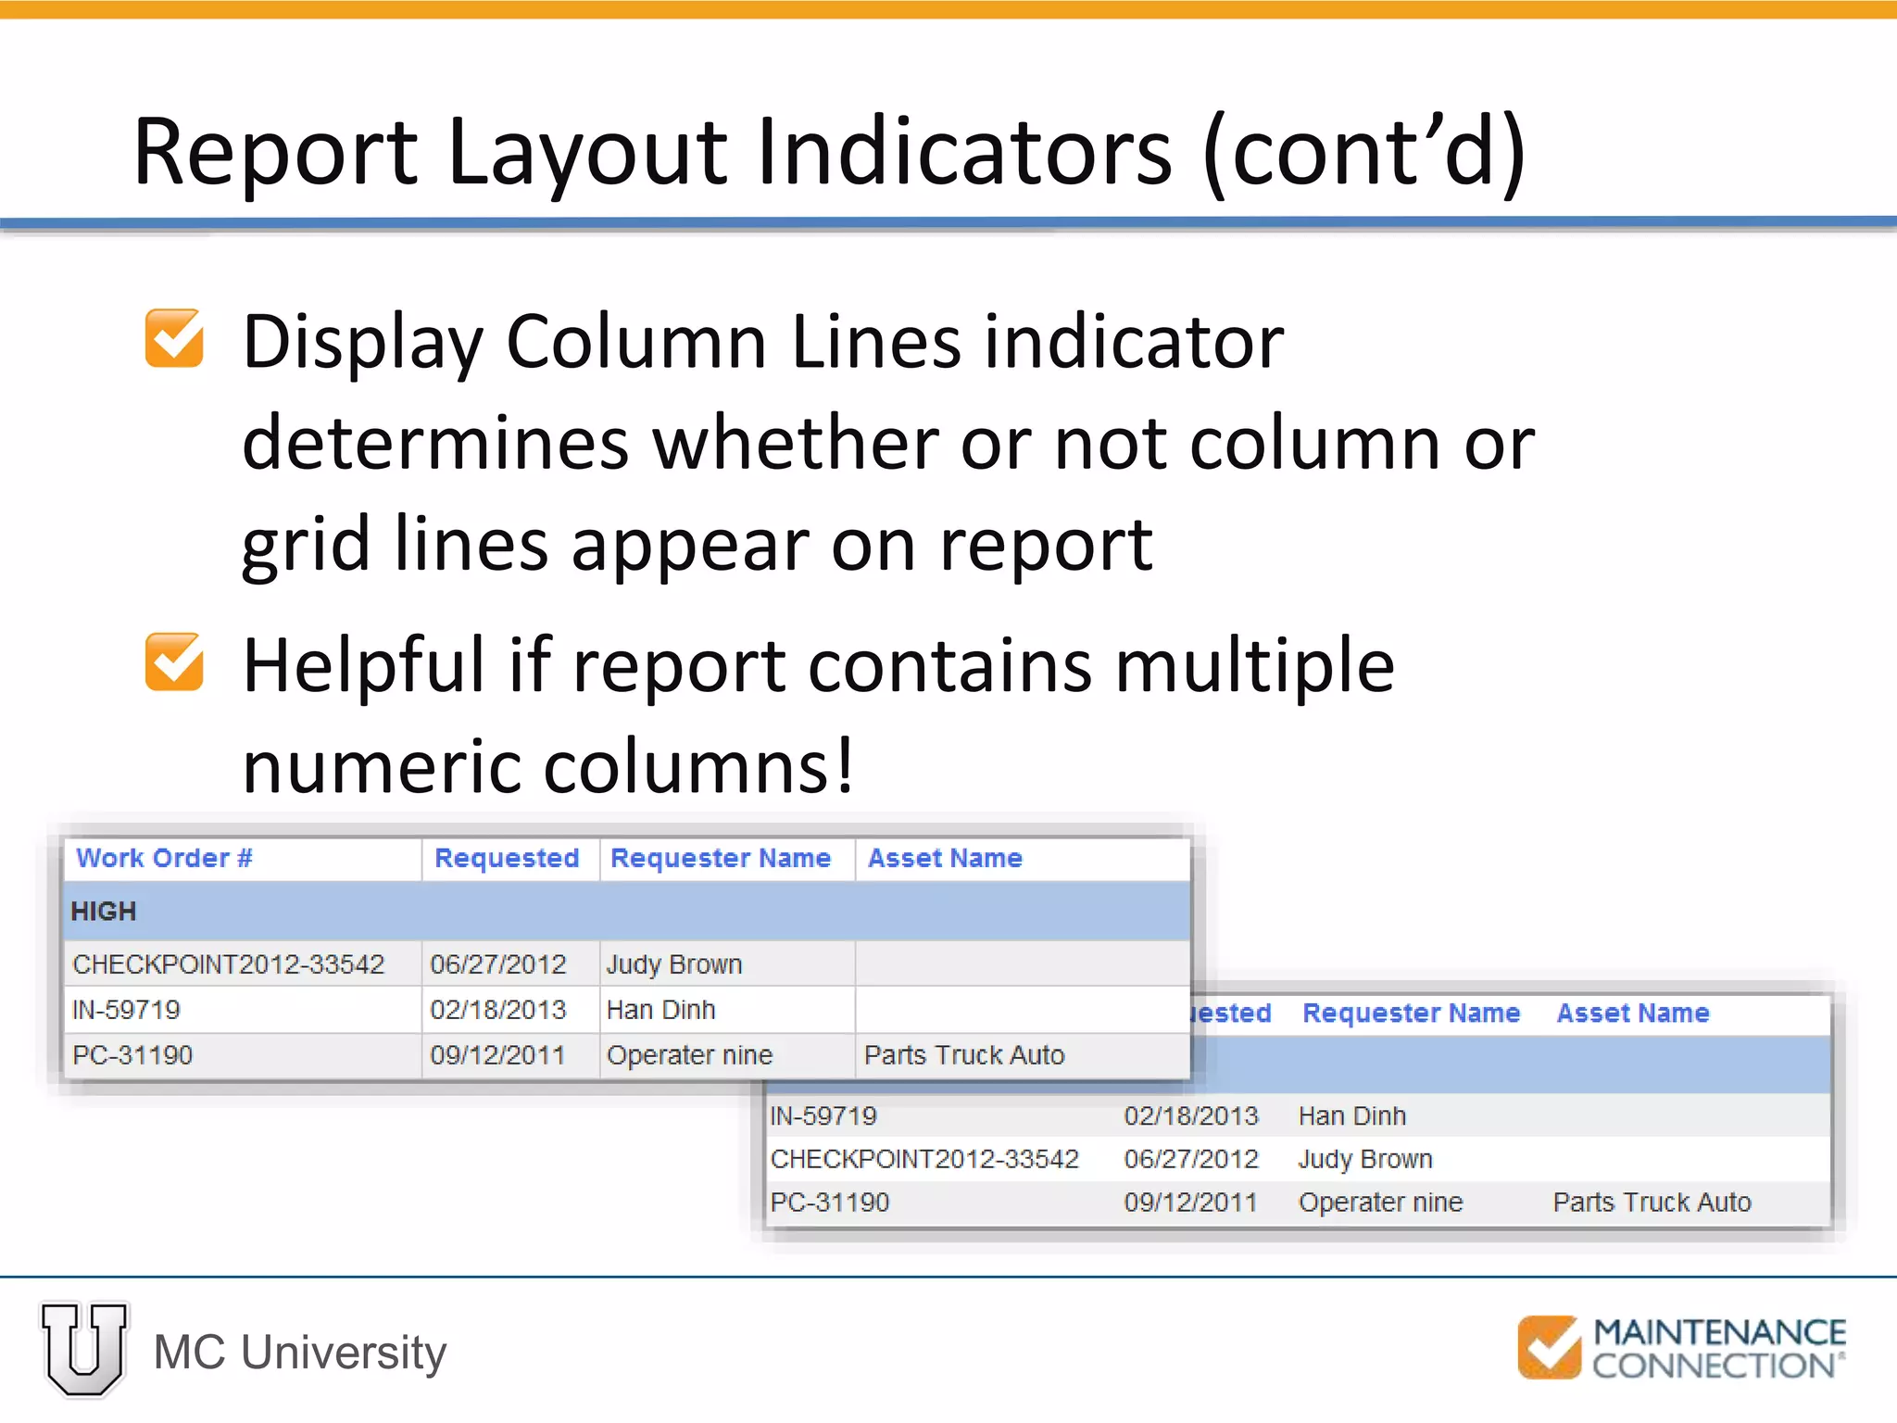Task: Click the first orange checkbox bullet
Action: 174,338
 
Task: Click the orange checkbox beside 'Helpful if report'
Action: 174,661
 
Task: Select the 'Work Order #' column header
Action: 164,858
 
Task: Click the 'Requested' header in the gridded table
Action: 507,858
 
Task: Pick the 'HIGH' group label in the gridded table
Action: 104,912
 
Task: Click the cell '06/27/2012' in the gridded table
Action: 498,964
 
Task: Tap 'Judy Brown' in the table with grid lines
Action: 674,964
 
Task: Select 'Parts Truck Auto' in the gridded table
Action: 964,1055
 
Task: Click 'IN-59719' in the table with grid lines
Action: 127,1010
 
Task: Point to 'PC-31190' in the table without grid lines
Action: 830,1203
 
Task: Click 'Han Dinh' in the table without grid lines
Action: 1352,1116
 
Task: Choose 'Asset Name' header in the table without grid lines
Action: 1633,1013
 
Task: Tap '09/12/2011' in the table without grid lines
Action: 1191,1203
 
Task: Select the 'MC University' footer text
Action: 300,1353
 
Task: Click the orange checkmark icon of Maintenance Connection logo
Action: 1549,1347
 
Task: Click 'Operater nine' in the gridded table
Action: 689,1055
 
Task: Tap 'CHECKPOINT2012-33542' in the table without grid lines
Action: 924,1159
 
